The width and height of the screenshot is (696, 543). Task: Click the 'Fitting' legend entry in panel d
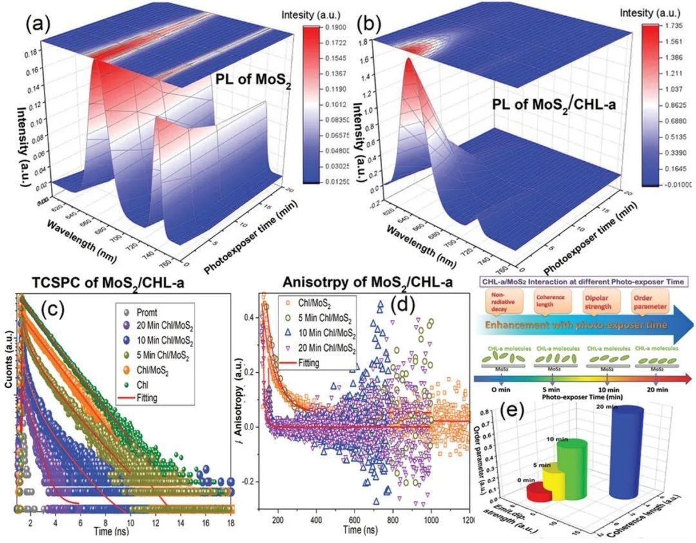[x=299, y=362]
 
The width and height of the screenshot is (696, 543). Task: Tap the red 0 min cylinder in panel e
[x=540, y=492]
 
